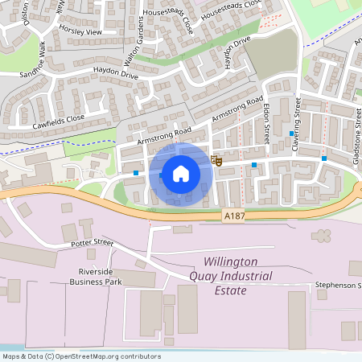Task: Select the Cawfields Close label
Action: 59,120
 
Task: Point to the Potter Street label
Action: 92,242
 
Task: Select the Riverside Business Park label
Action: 99,277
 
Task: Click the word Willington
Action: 230,262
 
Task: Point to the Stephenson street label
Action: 337,285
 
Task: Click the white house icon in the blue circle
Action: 181,173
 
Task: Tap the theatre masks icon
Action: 216,160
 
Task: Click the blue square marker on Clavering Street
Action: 291,134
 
